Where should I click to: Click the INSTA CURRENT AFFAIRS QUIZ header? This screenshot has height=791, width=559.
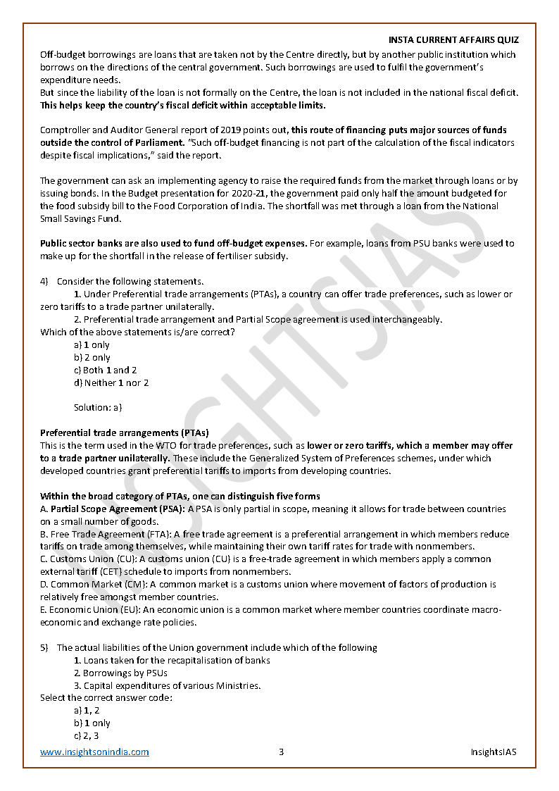point(453,40)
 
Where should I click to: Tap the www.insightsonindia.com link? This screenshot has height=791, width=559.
point(94,752)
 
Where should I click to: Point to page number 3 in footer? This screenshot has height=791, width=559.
point(281,752)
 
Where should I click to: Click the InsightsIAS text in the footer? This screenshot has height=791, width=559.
point(494,752)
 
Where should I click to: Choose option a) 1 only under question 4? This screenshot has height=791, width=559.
point(92,345)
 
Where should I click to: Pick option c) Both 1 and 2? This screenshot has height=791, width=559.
point(105,370)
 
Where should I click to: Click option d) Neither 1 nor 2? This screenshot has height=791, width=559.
point(111,383)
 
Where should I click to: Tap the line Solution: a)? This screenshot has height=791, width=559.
point(98,408)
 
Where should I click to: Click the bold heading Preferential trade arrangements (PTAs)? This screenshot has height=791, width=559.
point(124,432)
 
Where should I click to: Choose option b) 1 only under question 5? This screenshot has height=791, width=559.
point(92,723)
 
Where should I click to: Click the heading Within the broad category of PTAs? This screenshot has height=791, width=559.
point(180,496)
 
